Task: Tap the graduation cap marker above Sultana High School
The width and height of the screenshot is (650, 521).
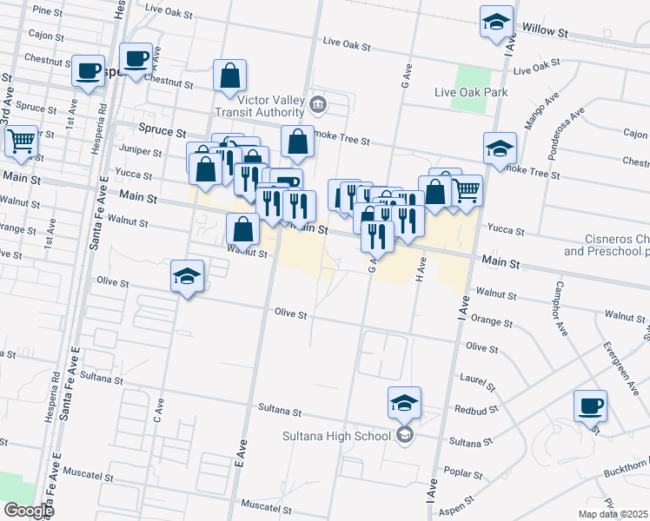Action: (404, 403)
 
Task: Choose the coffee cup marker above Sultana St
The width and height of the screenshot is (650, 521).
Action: (590, 406)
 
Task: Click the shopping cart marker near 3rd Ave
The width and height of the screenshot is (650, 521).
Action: (21, 142)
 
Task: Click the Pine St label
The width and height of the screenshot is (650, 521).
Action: (41, 10)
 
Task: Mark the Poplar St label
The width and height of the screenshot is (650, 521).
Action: (467, 474)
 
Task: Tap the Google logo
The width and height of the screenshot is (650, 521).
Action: (29, 511)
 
